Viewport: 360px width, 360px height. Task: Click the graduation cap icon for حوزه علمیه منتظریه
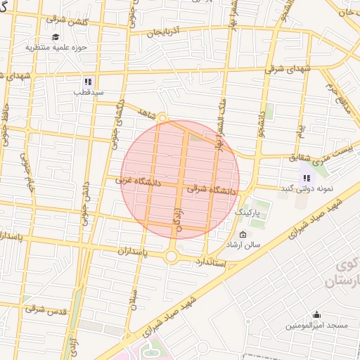point(55,37)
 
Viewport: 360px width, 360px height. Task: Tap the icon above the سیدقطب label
point(89,82)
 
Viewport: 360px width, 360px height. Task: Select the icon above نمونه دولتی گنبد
point(307,178)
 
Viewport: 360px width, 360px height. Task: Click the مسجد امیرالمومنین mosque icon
point(316,314)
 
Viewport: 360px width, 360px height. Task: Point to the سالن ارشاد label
point(243,245)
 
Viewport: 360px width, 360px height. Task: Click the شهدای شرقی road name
point(290,70)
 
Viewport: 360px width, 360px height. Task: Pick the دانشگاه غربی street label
point(139,182)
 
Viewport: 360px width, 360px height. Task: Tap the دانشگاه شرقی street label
point(213,190)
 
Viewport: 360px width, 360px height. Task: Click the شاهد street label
point(146,112)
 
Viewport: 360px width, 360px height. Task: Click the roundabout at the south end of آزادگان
point(171,257)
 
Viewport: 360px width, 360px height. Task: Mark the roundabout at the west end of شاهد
point(162,118)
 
